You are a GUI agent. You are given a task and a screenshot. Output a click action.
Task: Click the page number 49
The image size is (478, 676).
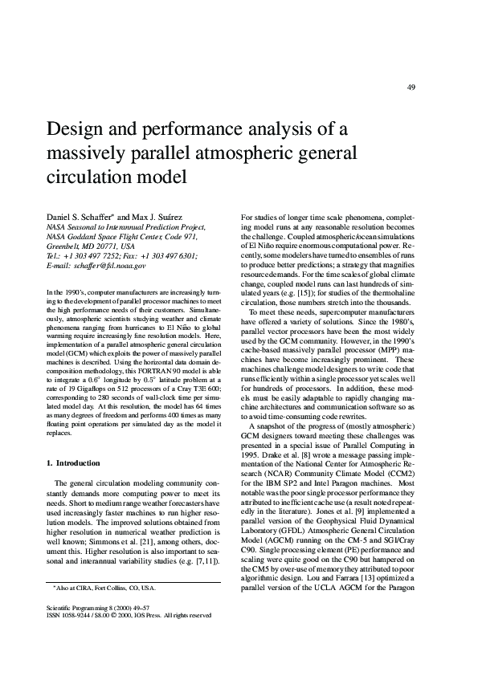[411, 88]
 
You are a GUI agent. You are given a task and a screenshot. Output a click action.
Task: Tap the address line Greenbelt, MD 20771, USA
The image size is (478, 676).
[91, 246]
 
